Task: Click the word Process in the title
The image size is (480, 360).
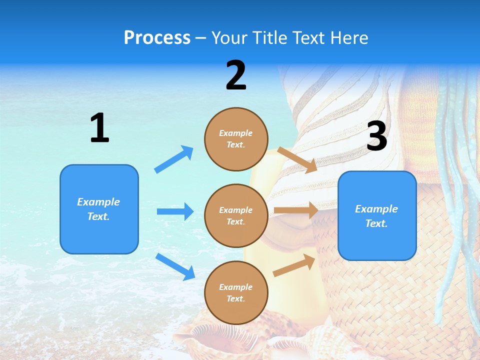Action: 157,38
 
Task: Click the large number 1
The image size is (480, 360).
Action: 99,128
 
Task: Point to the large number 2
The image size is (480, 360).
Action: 236,75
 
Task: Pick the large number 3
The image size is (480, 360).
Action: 376,136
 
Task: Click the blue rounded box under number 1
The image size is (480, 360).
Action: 99,209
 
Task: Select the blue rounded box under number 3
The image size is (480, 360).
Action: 377,215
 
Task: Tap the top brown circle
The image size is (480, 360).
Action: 236,139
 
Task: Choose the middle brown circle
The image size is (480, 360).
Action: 236,215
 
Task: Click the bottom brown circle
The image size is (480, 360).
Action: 236,292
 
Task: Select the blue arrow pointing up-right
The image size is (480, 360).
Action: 174,159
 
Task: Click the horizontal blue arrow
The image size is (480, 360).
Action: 175,211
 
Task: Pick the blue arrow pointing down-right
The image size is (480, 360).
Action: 175,266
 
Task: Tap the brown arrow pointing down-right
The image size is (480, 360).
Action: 297,159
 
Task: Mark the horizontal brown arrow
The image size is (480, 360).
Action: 296,210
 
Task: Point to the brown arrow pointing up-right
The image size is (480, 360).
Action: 294,265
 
